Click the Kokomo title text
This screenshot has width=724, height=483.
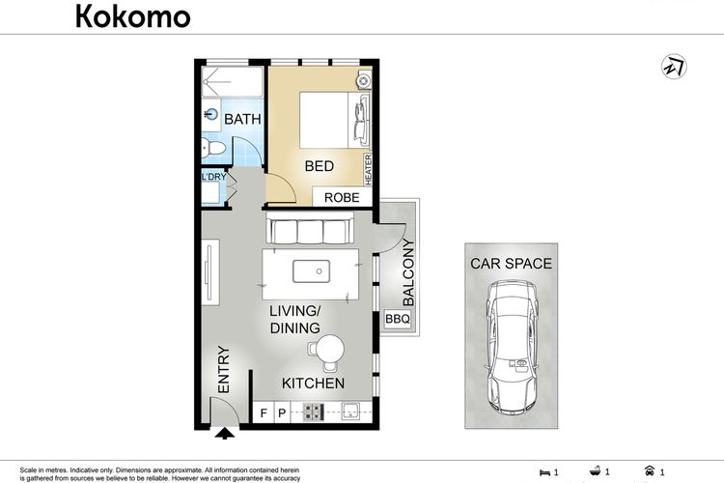tap(132, 16)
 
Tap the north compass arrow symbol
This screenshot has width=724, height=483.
tap(674, 67)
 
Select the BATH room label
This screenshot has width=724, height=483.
tap(242, 119)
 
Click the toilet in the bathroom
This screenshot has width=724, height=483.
tap(213, 149)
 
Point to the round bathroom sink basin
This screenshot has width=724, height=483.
tap(211, 114)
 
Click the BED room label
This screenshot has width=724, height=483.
tap(320, 166)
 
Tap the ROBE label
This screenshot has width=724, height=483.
tap(342, 198)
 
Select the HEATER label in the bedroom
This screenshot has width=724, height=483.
tap(368, 170)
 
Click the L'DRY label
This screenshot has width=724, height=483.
tap(213, 177)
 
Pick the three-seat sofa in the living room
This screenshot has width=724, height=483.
tap(310, 229)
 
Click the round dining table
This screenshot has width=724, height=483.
tap(330, 349)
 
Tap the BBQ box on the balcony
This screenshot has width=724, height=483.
tap(398, 319)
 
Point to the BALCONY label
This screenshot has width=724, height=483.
tap(408, 272)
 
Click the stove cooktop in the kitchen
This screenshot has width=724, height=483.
tap(313, 412)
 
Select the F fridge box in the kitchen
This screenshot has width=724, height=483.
tap(264, 412)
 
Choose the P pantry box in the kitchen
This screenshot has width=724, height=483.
tap(282, 412)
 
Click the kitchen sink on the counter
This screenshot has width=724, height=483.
tap(350, 412)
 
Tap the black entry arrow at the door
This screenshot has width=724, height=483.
tap(225, 433)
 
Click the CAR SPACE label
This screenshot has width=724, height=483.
tap(511, 264)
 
